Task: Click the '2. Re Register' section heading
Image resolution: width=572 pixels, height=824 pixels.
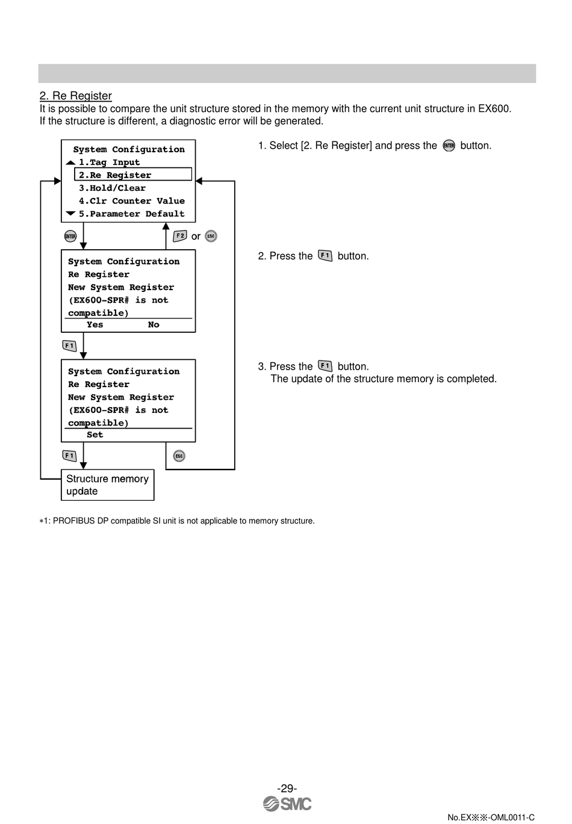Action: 76,96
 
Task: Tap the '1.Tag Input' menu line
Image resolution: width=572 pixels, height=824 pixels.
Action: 109,162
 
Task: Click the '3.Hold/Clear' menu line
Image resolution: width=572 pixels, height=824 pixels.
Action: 112,188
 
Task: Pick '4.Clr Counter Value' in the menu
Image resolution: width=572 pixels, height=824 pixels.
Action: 131,201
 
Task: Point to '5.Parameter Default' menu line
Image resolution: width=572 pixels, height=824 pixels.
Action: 131,214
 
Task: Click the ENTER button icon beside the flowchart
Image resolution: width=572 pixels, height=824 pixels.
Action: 70,236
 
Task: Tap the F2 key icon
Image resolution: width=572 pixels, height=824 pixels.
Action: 180,236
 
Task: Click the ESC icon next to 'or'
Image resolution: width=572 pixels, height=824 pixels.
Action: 211,236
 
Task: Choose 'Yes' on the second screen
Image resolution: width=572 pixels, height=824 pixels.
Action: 95,325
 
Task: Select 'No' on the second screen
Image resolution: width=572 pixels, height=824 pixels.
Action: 154,325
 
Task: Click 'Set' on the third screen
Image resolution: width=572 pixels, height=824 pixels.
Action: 95,435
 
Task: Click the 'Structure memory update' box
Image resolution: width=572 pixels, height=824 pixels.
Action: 107,485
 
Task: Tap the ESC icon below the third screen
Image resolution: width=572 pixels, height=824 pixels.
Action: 179,456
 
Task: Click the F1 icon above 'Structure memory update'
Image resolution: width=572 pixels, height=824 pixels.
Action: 69,456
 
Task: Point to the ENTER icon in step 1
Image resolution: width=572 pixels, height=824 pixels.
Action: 449,146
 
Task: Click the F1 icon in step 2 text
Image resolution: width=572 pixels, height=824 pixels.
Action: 325,256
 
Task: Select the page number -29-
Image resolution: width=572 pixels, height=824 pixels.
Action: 287,788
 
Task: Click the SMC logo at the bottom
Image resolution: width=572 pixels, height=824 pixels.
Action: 287,804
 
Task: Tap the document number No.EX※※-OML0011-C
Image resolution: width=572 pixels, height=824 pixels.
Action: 491,817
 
